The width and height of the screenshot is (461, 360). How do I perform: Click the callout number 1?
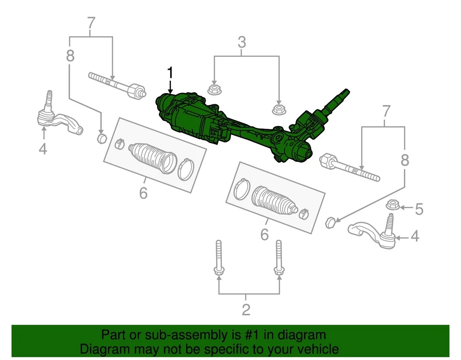[170, 73]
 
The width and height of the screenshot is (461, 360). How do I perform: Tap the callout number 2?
[246, 310]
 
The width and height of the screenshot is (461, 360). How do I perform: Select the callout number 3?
[242, 42]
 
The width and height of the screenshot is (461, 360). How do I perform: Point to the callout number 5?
[419, 209]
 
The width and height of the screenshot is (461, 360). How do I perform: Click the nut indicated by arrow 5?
[393, 206]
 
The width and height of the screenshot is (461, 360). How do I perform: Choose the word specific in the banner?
[230, 349]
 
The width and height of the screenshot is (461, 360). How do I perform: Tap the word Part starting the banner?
[114, 335]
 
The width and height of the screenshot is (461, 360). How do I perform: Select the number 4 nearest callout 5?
[414, 236]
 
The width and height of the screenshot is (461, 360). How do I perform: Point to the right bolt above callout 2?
[278, 260]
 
